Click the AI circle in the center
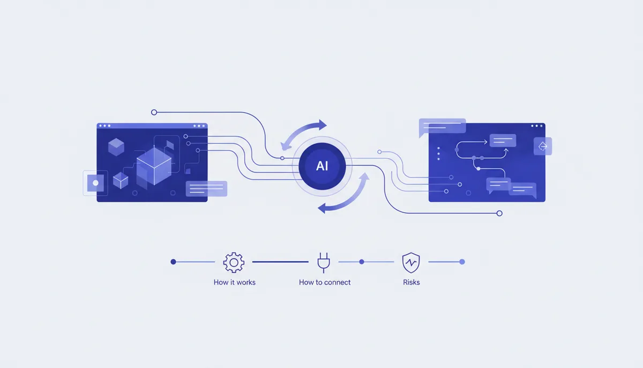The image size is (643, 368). point(322,166)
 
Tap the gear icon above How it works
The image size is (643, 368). point(234,262)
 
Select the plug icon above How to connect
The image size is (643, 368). point(324,262)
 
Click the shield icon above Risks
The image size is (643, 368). point(411,262)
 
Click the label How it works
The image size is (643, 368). point(235,282)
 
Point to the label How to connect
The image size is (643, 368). point(325,282)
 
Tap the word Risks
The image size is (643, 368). point(412,282)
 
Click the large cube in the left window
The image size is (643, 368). point(154,166)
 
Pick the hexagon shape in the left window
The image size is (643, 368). point(116,147)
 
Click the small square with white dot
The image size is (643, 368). point(95,183)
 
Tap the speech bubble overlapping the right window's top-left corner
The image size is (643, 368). point(442,127)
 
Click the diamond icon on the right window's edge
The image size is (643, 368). point(542,146)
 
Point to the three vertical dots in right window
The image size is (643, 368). point(438,154)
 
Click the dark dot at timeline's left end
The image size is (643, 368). point(173,262)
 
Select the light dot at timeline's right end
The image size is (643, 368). point(462,262)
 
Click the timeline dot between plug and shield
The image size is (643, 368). point(362,262)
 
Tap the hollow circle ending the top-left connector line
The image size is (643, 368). point(154,112)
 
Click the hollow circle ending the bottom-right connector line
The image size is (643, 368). point(499,214)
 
